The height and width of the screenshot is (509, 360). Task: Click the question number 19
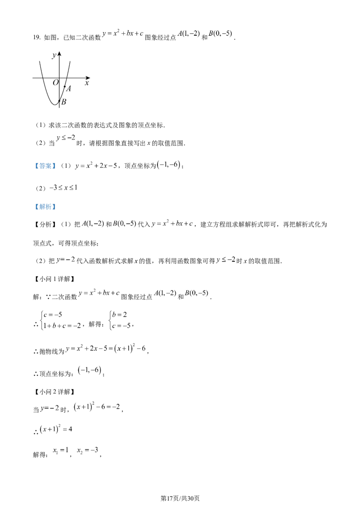click(36, 37)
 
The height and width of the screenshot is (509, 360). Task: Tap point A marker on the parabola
click(65, 87)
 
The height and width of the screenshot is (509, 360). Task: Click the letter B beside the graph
click(64, 102)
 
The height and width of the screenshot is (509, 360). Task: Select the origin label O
click(55, 82)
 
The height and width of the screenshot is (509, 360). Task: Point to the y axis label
click(54, 55)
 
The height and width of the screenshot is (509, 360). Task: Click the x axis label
click(87, 83)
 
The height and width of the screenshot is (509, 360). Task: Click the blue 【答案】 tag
click(45, 166)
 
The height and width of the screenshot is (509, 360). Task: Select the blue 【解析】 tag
click(45, 207)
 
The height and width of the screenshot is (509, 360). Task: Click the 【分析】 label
click(45, 224)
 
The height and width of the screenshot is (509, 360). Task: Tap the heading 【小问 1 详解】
click(55, 279)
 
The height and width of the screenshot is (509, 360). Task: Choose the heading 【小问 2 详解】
click(55, 392)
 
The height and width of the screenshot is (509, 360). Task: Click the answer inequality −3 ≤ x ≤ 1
click(63, 188)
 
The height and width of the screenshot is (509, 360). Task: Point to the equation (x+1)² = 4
click(56, 429)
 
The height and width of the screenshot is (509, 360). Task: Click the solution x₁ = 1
click(61, 451)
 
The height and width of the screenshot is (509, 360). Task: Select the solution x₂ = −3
click(87, 451)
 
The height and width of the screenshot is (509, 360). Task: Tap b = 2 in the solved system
click(120, 314)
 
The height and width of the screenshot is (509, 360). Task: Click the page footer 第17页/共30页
click(180, 498)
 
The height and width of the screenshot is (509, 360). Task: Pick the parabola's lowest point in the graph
click(54, 105)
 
